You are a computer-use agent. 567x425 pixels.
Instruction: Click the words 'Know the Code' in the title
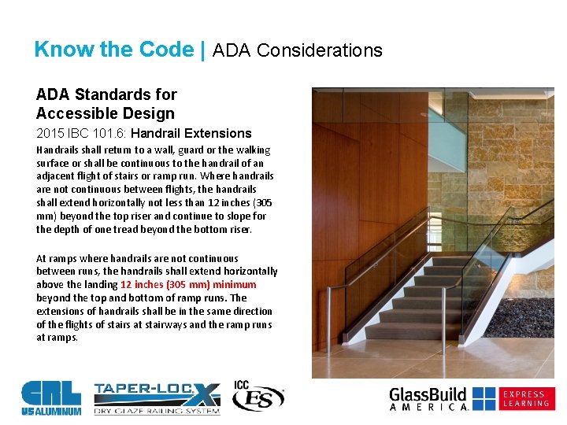click(113, 50)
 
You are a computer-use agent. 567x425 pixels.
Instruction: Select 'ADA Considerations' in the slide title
click(298, 51)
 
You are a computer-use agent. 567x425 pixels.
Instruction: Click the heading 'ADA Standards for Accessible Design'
click(106, 104)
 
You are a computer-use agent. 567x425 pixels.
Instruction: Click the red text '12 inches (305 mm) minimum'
click(188, 284)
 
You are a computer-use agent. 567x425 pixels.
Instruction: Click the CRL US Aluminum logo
click(51, 396)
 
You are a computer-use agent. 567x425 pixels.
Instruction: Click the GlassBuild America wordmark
click(429, 398)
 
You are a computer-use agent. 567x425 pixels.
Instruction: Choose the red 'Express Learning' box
click(526, 398)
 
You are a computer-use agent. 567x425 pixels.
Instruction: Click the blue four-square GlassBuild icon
click(484, 398)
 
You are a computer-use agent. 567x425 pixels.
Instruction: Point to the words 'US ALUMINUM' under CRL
click(51, 411)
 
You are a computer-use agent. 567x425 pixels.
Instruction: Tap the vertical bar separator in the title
click(203, 50)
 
